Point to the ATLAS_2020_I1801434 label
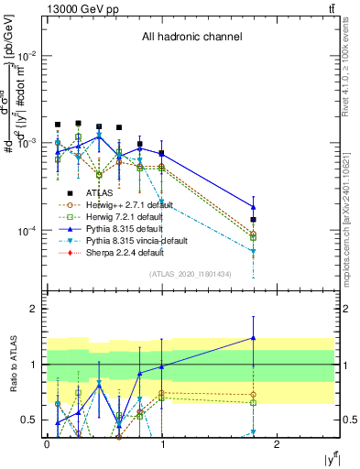(191, 274)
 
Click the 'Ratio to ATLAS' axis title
(12, 361)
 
